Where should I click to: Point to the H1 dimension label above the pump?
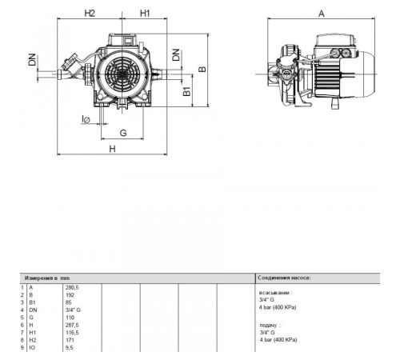pos(145,14)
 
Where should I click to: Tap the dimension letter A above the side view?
pos(321,14)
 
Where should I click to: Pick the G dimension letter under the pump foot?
pos(123,131)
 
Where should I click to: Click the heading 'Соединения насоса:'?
pos(284,277)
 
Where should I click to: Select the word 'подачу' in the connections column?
pos(270,326)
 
